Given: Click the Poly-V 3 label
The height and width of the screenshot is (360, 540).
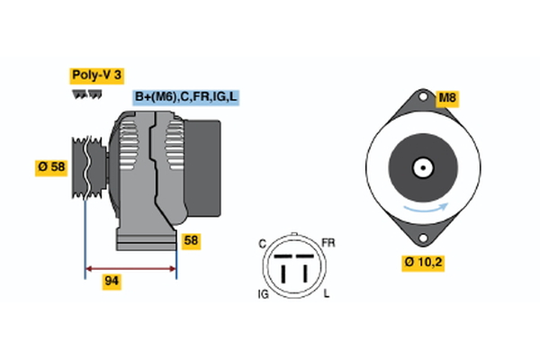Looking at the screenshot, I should (95, 76).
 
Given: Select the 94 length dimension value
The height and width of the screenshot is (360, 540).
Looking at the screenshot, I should (112, 282).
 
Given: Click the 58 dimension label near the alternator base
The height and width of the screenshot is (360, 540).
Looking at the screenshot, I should (190, 240).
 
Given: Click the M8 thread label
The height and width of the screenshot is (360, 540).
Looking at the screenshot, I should (447, 98).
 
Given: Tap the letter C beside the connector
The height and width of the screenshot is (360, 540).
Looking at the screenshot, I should (262, 242).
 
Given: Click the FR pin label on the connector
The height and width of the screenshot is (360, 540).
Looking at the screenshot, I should (328, 242).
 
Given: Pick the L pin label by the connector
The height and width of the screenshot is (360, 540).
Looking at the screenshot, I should (327, 294).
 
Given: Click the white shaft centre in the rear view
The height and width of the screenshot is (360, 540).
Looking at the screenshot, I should (420, 167).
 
